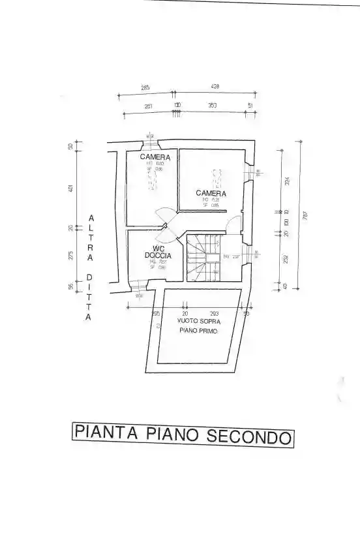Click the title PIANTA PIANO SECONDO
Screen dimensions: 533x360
(182, 434)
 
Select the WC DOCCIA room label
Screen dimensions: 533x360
(158, 252)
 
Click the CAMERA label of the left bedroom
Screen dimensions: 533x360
(155, 158)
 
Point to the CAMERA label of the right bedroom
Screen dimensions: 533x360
(211, 193)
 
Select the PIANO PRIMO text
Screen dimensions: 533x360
(199, 331)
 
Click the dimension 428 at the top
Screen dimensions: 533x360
(215, 87)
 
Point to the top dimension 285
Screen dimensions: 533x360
(145, 87)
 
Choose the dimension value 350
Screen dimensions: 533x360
(213, 105)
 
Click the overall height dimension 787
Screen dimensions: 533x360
(305, 215)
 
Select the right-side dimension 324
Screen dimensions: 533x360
(287, 181)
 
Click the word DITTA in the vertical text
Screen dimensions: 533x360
(90, 297)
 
